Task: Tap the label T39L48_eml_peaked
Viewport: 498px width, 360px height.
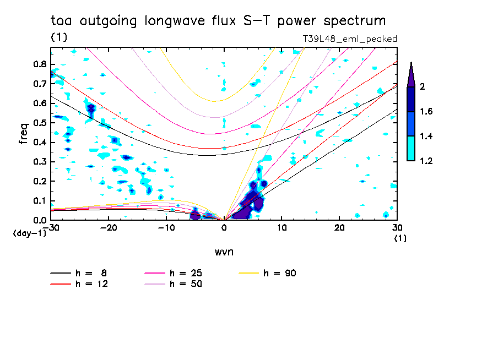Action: click(350, 39)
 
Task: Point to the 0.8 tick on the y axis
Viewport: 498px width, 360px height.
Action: click(39, 64)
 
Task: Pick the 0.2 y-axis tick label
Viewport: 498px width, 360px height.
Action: click(39, 182)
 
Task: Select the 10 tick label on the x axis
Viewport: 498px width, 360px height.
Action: click(282, 228)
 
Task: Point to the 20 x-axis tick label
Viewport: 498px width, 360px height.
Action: click(339, 228)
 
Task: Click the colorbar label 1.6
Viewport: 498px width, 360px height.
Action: click(426, 112)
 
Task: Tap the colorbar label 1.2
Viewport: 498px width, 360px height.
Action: click(426, 161)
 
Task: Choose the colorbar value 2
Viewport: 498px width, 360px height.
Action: click(421, 87)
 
